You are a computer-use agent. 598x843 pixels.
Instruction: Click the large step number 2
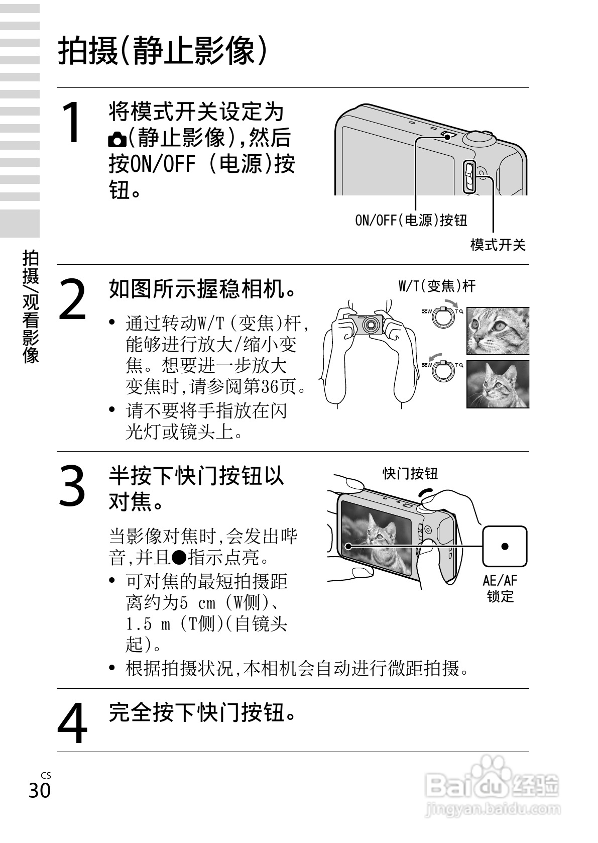(x=73, y=299)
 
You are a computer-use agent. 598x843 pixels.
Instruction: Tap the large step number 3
(x=72, y=486)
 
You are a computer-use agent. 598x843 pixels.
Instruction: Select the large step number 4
(x=72, y=723)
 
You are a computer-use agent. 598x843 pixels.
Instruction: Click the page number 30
(x=40, y=791)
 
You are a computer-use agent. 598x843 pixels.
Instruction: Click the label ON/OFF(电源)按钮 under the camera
(x=411, y=220)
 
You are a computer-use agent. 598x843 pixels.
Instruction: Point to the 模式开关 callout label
(x=498, y=245)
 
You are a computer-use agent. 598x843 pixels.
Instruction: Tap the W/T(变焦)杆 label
(x=437, y=286)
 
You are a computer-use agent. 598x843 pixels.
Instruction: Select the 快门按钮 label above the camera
(x=410, y=473)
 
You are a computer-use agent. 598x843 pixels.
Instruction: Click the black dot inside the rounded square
(x=505, y=546)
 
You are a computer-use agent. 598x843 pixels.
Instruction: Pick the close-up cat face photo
(x=498, y=331)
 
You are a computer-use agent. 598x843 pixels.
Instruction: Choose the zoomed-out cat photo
(x=498, y=384)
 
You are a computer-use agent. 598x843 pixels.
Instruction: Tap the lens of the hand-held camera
(x=371, y=324)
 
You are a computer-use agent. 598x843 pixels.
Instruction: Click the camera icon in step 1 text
(x=117, y=139)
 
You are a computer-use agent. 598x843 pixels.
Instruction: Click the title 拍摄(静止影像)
(x=163, y=51)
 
